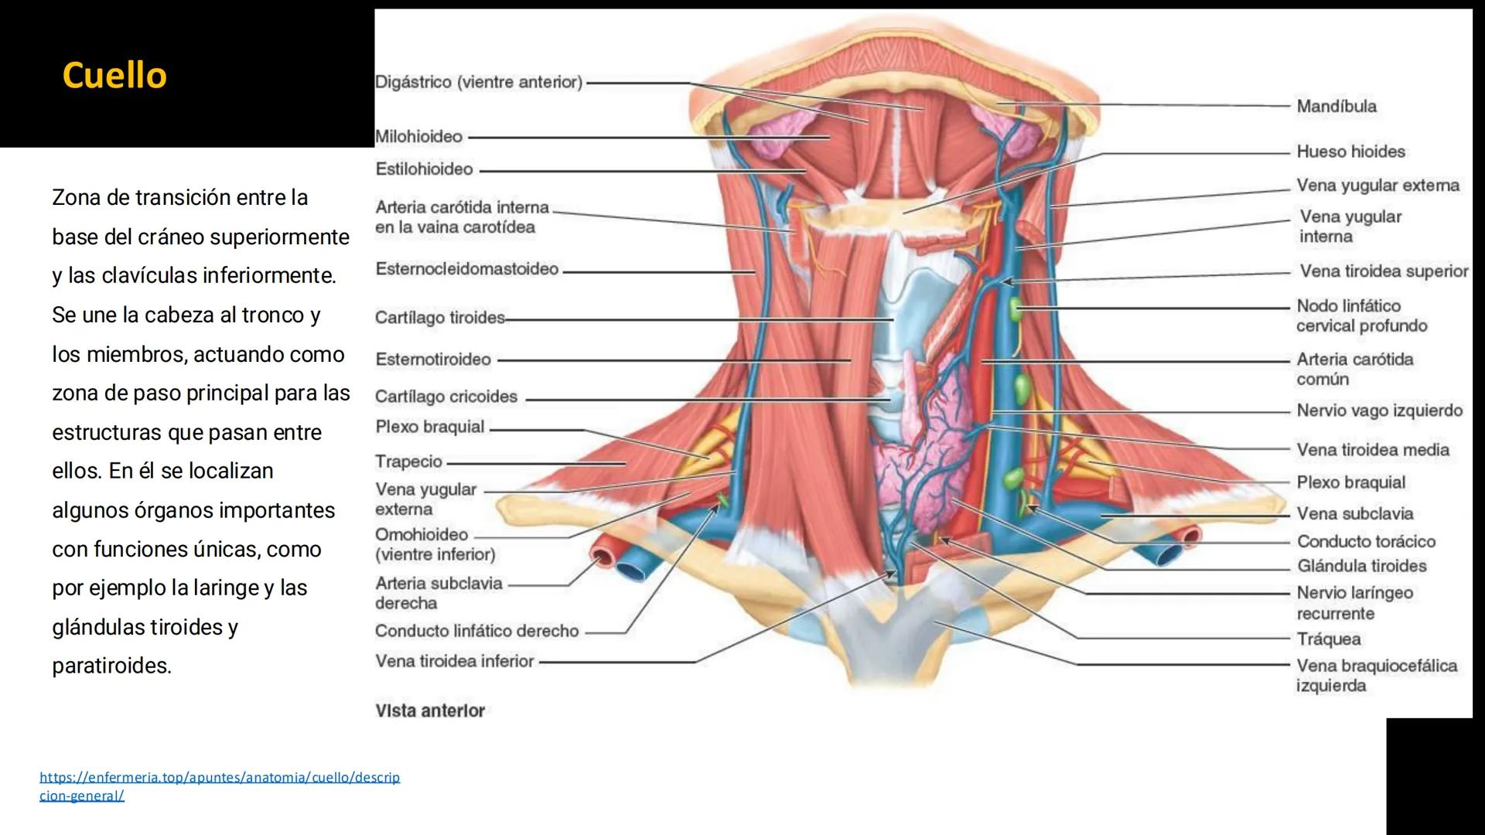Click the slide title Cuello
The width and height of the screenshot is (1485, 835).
click(x=114, y=76)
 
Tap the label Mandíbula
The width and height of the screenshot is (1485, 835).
click(x=1336, y=107)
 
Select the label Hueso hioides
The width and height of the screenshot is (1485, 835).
click(x=1350, y=152)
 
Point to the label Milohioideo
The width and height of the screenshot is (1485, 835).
click(x=418, y=137)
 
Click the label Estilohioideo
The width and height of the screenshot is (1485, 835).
click(x=424, y=169)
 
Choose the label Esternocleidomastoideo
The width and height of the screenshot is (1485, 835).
click(x=466, y=269)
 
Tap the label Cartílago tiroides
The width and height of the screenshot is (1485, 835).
click(x=439, y=318)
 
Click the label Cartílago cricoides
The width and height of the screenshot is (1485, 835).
click(x=445, y=397)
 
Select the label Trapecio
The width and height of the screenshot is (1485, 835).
click(x=408, y=462)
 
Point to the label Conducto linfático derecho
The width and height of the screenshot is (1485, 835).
click(x=476, y=631)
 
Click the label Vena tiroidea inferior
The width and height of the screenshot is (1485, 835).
click(x=454, y=662)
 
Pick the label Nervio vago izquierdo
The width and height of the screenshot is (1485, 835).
click(x=1379, y=411)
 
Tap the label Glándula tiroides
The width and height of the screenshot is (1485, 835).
click(x=1361, y=566)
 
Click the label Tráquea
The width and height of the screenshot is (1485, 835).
click(x=1329, y=639)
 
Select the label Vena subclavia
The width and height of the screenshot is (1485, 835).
click(x=1354, y=514)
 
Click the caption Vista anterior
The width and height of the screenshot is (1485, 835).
click(x=430, y=711)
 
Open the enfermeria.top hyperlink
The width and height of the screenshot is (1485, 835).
click(x=220, y=778)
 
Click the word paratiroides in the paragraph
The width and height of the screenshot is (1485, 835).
click(x=111, y=666)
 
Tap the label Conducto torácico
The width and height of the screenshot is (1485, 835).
click(x=1366, y=542)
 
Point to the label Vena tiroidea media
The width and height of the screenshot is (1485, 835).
click(x=1372, y=450)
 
